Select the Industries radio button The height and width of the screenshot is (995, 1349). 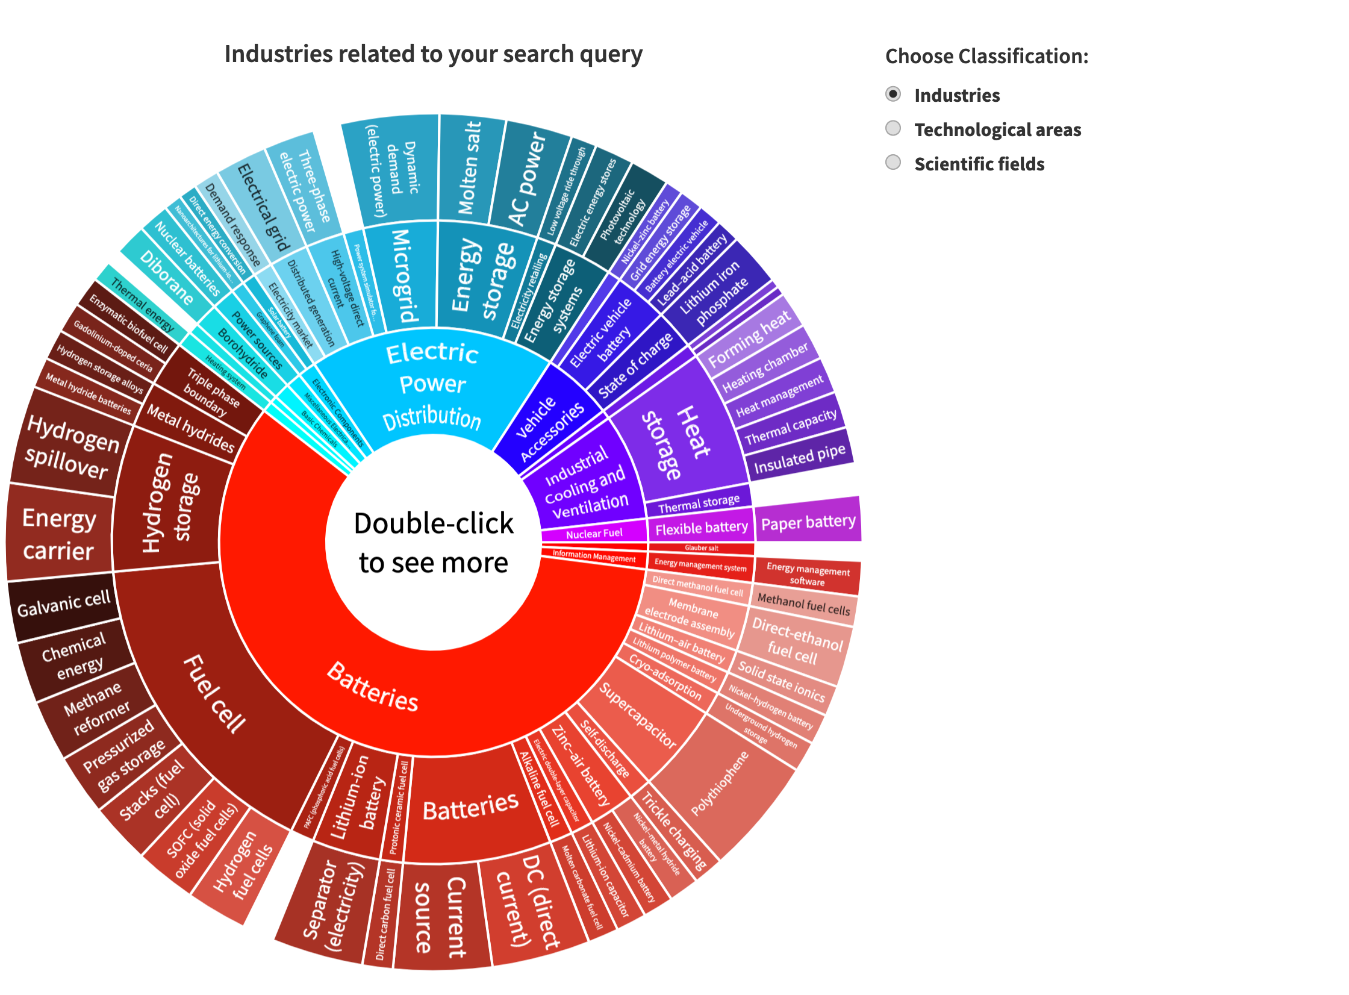tap(893, 94)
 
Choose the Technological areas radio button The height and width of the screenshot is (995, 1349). tap(893, 128)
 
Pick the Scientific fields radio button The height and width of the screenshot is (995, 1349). tap(893, 163)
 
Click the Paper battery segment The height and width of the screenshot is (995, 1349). tap(808, 521)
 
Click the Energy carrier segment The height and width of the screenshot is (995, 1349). tap(59, 534)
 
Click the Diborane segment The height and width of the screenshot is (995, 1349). tap(166, 277)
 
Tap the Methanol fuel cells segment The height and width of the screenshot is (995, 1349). tap(803, 604)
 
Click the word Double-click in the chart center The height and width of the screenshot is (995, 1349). tap(434, 523)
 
